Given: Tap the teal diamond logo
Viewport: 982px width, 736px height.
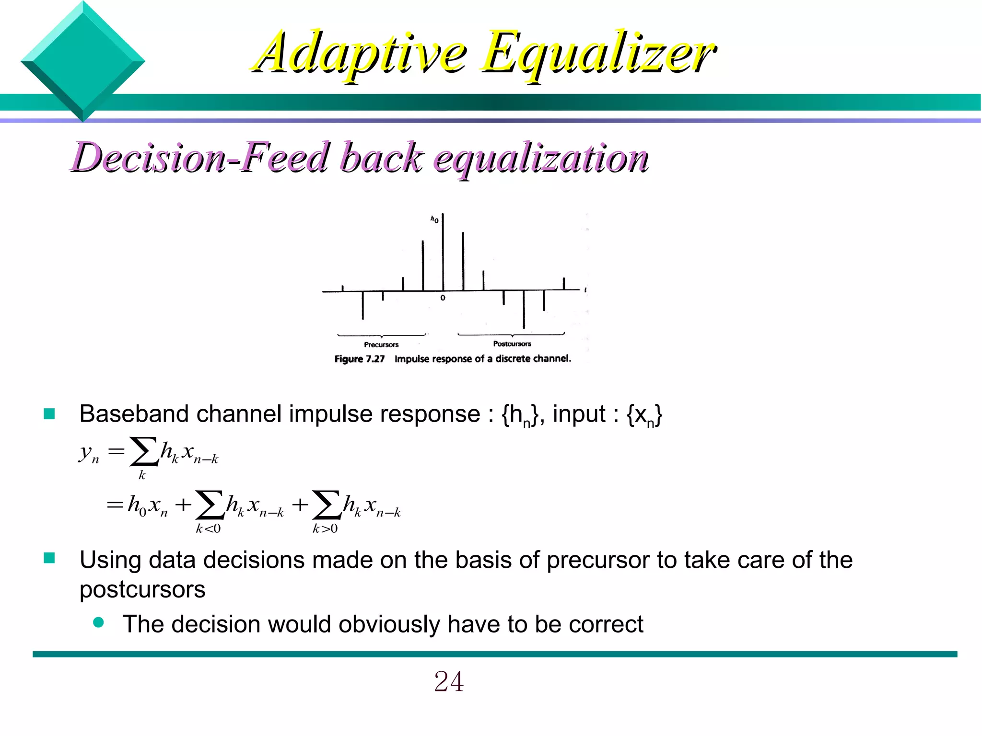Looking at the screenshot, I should (82, 61).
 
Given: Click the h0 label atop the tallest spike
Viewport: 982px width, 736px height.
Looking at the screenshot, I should (434, 220).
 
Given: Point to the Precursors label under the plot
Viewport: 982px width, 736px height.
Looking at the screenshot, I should (381, 345).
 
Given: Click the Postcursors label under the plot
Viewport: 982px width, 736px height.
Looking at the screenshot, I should (512, 344).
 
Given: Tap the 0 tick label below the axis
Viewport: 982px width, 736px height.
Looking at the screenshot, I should (443, 298).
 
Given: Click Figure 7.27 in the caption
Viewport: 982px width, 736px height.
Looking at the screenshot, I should (360, 359).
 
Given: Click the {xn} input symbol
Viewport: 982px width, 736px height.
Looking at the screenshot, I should (644, 414).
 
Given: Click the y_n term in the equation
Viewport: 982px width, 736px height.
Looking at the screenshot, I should (89, 453).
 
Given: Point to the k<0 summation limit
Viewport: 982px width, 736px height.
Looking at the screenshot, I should (208, 529).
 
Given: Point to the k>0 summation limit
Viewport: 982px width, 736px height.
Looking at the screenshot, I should (325, 529).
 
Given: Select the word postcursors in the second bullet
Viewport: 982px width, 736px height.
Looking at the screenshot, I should (142, 589).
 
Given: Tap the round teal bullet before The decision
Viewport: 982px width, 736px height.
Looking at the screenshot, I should (99, 622).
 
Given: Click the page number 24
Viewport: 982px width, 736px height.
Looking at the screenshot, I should (449, 681).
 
